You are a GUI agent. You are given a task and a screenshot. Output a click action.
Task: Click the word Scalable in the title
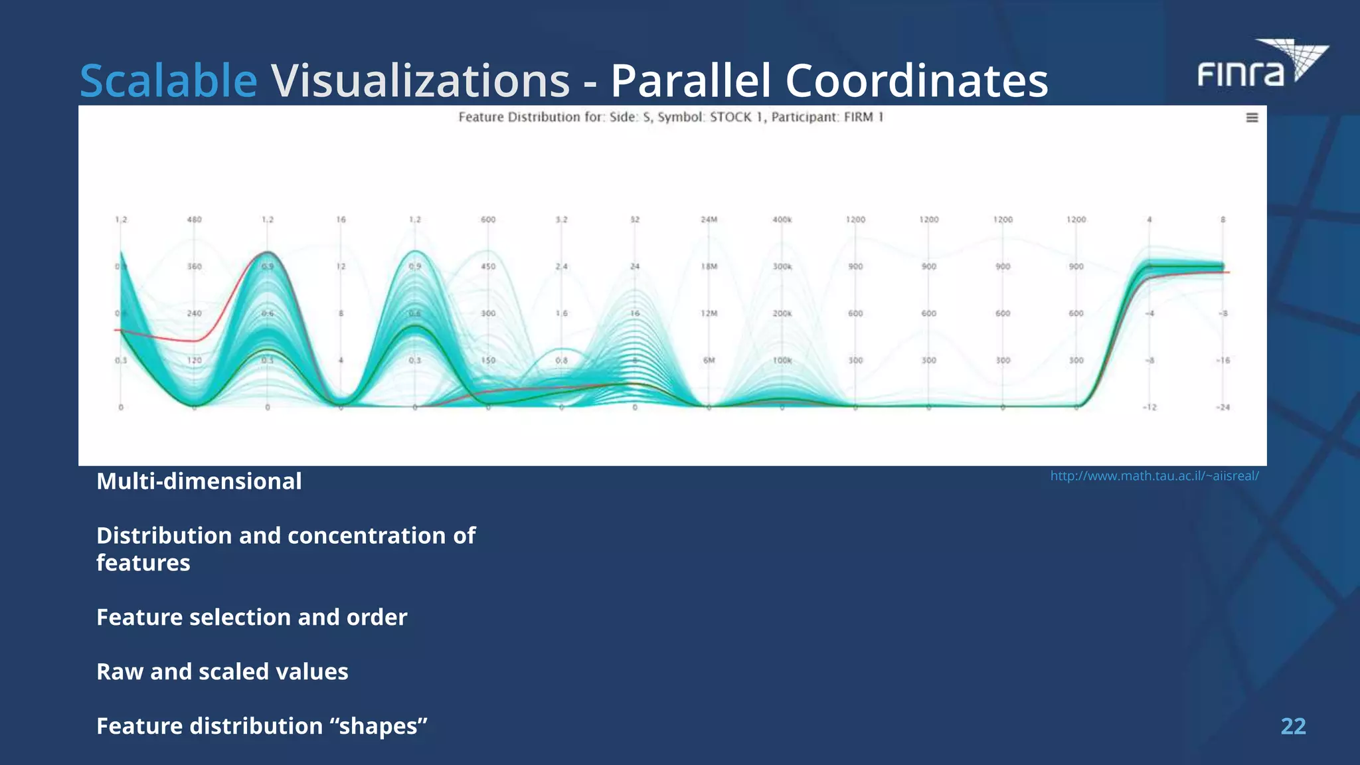tap(168, 81)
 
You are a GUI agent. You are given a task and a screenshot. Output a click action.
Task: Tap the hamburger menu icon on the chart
tap(1252, 118)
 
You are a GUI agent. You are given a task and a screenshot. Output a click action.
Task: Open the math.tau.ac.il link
tap(1154, 475)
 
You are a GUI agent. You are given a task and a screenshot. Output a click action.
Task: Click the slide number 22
tap(1293, 726)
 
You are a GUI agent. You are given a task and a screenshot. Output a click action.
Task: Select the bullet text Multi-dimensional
tap(199, 481)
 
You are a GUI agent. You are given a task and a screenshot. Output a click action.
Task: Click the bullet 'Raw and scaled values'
tap(222, 671)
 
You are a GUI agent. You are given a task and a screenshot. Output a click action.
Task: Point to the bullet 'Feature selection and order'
tap(252, 617)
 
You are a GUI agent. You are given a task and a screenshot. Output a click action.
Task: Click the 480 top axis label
tap(194, 219)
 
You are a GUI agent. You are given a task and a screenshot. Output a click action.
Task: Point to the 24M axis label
tap(709, 219)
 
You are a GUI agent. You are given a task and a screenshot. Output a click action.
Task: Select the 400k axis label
tap(782, 219)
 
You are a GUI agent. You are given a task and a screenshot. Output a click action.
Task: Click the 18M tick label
tap(709, 266)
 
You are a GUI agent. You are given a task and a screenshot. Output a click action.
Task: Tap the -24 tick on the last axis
tap(1223, 407)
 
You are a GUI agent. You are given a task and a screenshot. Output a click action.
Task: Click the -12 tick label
tap(1149, 407)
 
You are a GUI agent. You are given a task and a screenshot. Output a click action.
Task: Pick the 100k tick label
tap(782, 360)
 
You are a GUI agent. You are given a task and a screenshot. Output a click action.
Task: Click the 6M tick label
tap(709, 360)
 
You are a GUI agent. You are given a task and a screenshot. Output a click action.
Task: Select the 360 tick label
tap(194, 266)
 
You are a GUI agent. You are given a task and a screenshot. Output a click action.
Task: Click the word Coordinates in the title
tap(916, 81)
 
